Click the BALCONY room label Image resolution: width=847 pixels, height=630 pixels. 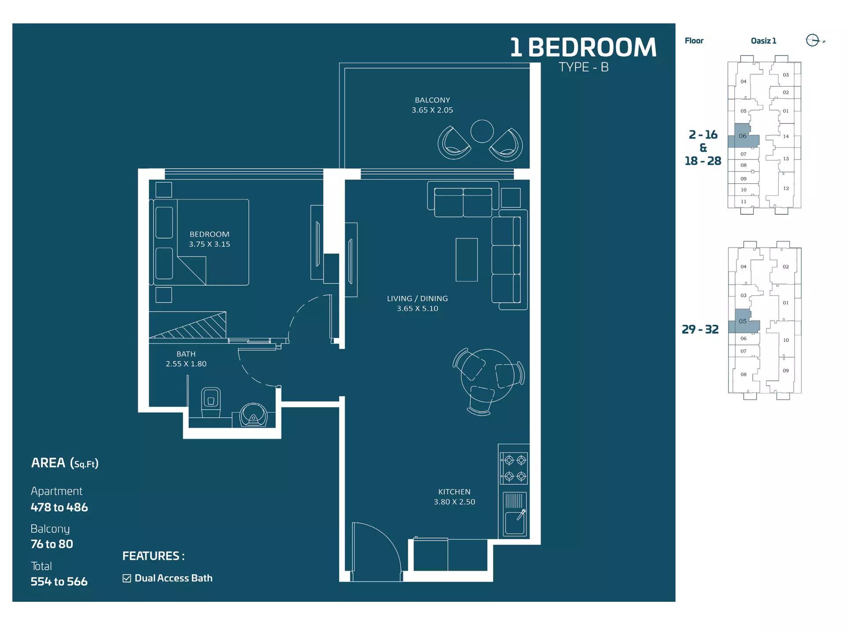tap(432, 100)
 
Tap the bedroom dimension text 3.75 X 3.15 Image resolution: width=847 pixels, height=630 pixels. tap(210, 244)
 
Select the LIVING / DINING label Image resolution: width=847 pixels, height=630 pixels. tap(417, 298)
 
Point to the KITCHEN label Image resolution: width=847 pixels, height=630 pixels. tap(454, 492)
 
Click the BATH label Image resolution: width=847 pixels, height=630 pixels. tap(186, 354)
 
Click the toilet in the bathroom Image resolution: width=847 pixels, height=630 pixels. tap(211, 402)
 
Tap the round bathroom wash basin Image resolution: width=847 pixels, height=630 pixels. tap(253, 415)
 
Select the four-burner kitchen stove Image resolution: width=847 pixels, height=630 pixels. tap(514, 468)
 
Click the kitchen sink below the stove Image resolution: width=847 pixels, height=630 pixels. tap(514, 513)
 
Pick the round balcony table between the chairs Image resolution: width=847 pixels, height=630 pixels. tap(482, 131)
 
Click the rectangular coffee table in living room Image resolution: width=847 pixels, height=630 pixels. tap(466, 259)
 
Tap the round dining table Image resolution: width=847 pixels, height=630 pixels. tap(487, 375)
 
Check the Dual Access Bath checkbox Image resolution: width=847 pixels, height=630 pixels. tap(127, 578)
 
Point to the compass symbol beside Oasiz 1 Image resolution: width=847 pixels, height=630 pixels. tap(813, 40)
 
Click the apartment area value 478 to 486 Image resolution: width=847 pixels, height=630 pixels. tap(59, 507)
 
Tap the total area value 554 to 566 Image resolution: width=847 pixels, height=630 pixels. tap(59, 582)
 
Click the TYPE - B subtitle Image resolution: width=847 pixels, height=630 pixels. tap(584, 67)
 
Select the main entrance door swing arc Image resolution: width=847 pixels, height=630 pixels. tap(388, 538)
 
